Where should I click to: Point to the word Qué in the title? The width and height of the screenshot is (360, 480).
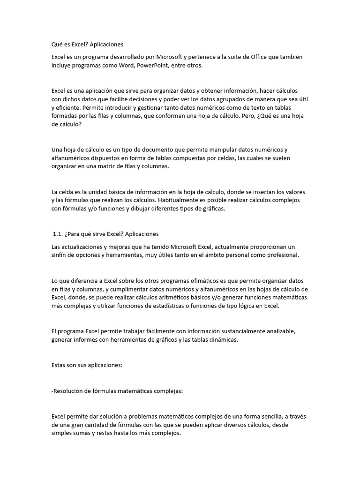click(57, 45)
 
